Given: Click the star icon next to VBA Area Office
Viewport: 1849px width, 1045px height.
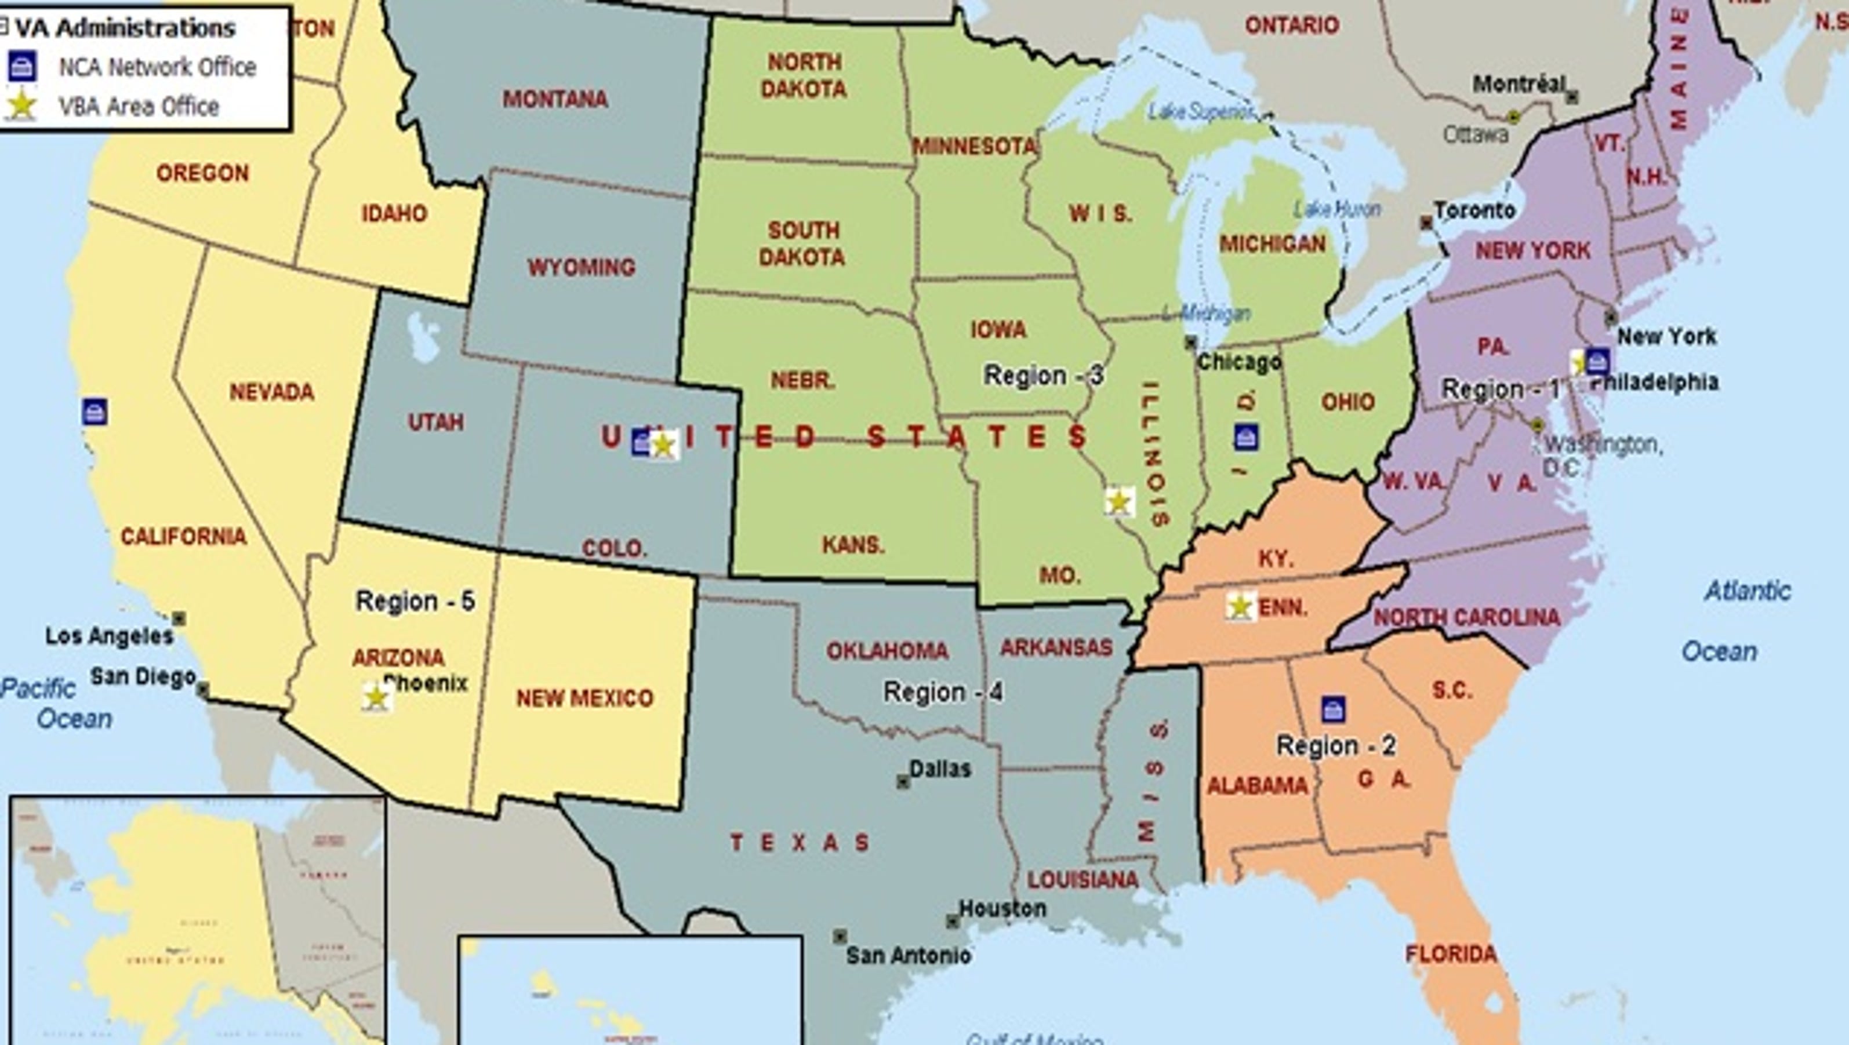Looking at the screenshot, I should coord(21,106).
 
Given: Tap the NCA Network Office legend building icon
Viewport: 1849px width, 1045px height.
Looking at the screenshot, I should coord(21,67).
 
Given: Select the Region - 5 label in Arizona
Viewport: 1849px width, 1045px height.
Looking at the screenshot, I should coord(415,600).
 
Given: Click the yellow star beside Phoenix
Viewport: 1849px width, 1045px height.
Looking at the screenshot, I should coord(376,697).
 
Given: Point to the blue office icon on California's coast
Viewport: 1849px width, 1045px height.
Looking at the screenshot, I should coord(95,412).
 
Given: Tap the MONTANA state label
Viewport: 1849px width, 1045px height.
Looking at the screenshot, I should coord(555,99).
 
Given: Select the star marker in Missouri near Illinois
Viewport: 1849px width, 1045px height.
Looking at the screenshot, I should coord(1119,502).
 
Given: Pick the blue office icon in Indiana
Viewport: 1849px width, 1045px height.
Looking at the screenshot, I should coord(1246,436).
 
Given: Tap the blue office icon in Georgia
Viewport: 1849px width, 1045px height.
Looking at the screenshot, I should coord(1333,709).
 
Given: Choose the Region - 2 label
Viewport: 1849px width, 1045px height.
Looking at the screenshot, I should coord(1336,746).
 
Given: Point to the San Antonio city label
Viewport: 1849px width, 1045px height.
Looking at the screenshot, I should coord(908,955).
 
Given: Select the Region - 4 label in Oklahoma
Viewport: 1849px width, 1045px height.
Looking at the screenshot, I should coord(942,692).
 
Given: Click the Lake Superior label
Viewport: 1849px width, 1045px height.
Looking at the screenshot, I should coord(1201,111).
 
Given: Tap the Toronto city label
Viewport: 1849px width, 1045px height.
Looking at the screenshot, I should coord(1474,210).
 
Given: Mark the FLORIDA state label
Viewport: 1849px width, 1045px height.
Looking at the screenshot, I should coord(1451,954).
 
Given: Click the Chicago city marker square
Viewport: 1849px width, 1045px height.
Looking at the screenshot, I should coord(1191,343).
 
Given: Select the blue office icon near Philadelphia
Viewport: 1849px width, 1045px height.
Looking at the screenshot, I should coord(1597,361).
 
